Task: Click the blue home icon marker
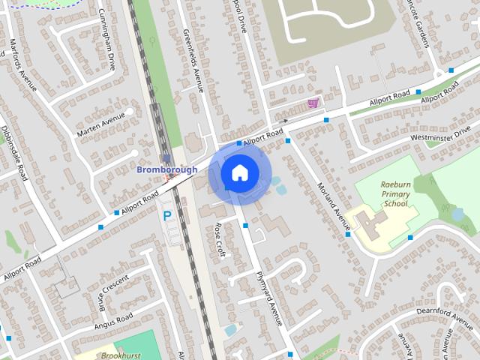pos(239,173)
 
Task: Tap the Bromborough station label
pos(166,169)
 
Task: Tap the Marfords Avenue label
pos(25,70)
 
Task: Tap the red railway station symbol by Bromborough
pos(169,179)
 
